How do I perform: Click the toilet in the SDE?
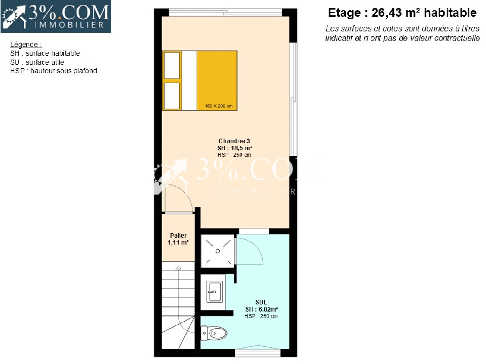tap(214, 333)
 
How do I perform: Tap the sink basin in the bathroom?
tap(214, 292)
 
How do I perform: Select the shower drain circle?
tap(218, 251)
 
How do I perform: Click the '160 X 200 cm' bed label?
tap(218, 106)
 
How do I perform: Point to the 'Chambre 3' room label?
tap(234, 141)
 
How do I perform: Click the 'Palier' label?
tap(178, 235)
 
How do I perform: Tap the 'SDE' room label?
tap(261, 302)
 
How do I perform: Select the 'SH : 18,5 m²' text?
tap(235, 148)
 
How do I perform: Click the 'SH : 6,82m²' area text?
tap(262, 309)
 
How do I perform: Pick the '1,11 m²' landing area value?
tap(178, 243)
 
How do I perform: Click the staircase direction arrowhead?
tap(178, 268)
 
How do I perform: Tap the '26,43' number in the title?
tap(386, 13)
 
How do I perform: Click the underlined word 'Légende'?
tap(24, 45)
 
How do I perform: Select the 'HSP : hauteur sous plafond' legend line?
tap(53, 71)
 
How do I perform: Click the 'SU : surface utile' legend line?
tap(37, 62)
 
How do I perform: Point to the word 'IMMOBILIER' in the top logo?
tap(69, 25)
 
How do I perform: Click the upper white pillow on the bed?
tap(172, 66)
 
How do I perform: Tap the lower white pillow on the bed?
tap(172, 96)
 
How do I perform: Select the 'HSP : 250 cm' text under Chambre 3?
tap(234, 155)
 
